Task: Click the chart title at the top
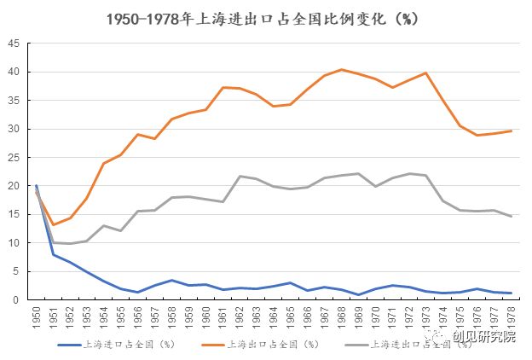(x=267, y=18)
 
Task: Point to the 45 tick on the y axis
(x=14, y=44)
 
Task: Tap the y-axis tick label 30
(x=14, y=129)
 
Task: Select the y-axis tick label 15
(x=14, y=214)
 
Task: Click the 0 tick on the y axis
(x=17, y=299)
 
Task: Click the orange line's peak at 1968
(x=341, y=70)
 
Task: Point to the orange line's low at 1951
(x=53, y=224)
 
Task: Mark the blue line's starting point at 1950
(x=36, y=185)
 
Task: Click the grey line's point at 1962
(x=240, y=176)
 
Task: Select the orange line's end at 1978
(x=510, y=131)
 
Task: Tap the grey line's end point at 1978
(x=510, y=216)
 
